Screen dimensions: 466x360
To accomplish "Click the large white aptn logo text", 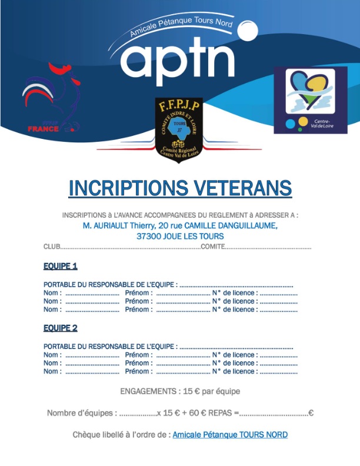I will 177,59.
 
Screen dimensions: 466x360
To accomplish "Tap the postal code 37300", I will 149,236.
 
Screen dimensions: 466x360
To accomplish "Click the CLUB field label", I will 52,247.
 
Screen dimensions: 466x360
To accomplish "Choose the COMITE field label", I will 212,247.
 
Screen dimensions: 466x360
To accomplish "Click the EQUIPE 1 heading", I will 61,266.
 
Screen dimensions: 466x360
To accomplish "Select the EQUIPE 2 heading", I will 61,328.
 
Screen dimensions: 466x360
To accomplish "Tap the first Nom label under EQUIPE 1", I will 52,293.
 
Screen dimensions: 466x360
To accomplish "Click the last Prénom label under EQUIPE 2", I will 139,371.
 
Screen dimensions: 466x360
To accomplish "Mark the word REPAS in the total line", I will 221,413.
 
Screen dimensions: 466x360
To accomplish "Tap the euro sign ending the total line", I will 311,413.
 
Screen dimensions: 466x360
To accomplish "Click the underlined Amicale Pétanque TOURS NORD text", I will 230,435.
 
